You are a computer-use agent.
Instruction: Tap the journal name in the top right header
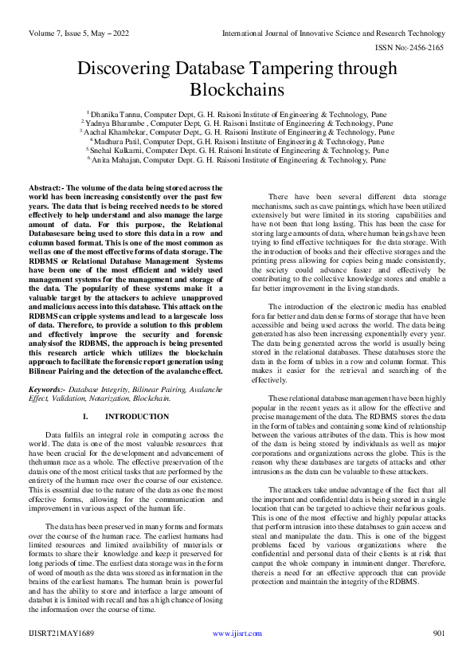[x=333, y=33]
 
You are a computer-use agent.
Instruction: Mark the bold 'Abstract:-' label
[x=46, y=185]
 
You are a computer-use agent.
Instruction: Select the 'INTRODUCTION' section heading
[x=137, y=417]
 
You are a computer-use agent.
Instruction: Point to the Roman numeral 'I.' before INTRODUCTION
[x=86, y=417]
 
